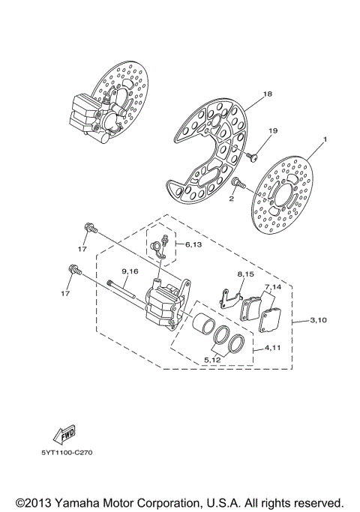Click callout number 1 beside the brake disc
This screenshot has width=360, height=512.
click(x=326, y=140)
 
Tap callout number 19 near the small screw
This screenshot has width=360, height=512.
click(x=272, y=131)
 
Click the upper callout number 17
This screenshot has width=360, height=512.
click(x=83, y=248)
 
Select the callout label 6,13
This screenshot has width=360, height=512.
click(x=192, y=244)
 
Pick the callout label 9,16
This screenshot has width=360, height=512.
click(x=130, y=271)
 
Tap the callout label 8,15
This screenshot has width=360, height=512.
click(x=247, y=276)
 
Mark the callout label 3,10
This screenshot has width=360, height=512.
click(x=319, y=321)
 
